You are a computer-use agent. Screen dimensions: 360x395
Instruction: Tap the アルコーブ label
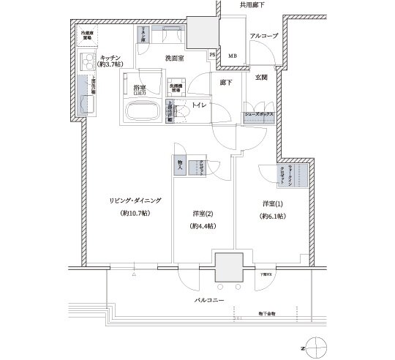[x=262, y=36]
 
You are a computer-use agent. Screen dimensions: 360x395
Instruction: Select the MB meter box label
[x=233, y=56]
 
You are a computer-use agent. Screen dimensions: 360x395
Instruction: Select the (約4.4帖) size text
[x=202, y=227]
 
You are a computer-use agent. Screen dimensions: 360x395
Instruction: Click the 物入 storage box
[x=180, y=167]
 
